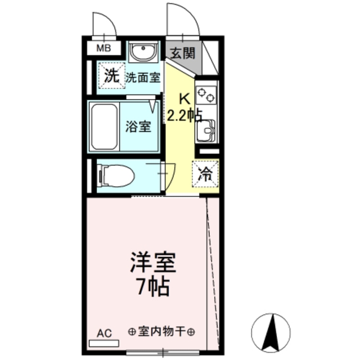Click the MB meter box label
[103, 48]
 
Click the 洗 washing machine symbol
[111, 76]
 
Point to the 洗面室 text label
[143, 79]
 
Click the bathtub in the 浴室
[105, 127]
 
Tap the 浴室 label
[137, 126]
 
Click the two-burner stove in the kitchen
[206, 93]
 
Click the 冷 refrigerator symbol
[206, 174]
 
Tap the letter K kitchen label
[183, 98]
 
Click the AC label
[103, 332]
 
